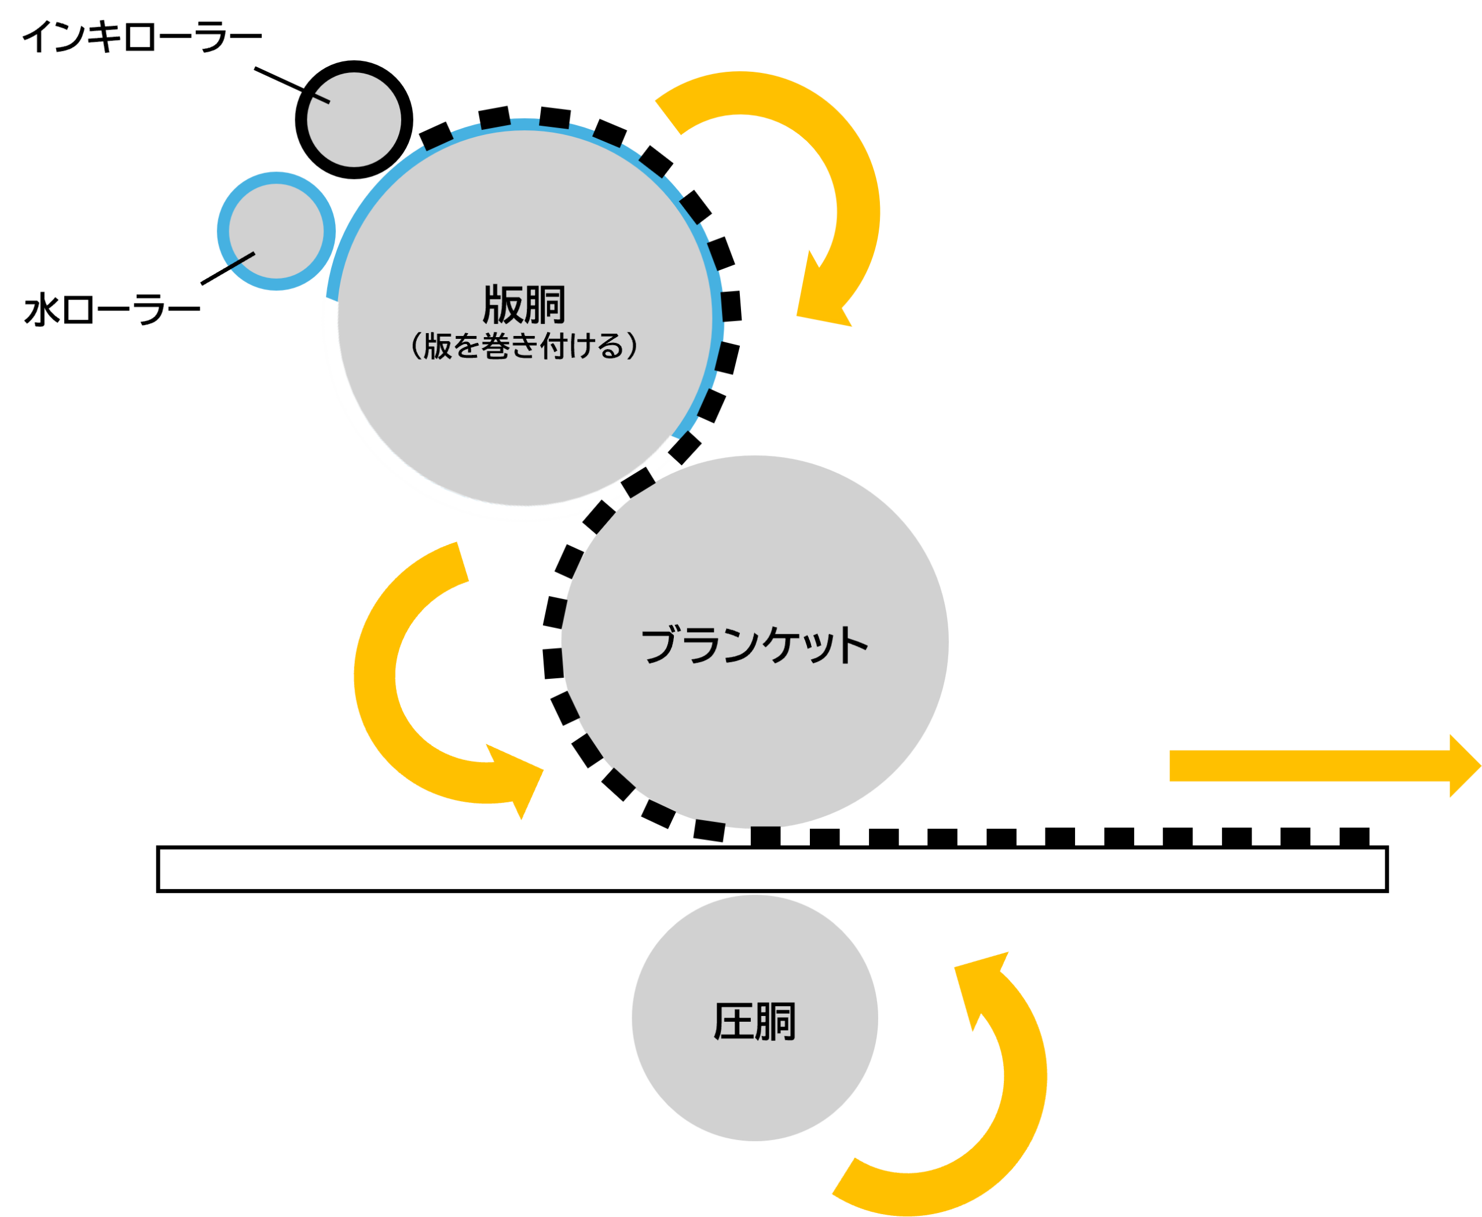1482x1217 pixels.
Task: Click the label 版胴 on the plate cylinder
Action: (524, 305)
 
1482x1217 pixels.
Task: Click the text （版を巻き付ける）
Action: (524, 346)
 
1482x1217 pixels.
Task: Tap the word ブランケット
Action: (755, 645)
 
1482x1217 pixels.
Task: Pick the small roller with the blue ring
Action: (277, 231)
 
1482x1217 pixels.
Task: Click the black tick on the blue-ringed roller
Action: (242, 260)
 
